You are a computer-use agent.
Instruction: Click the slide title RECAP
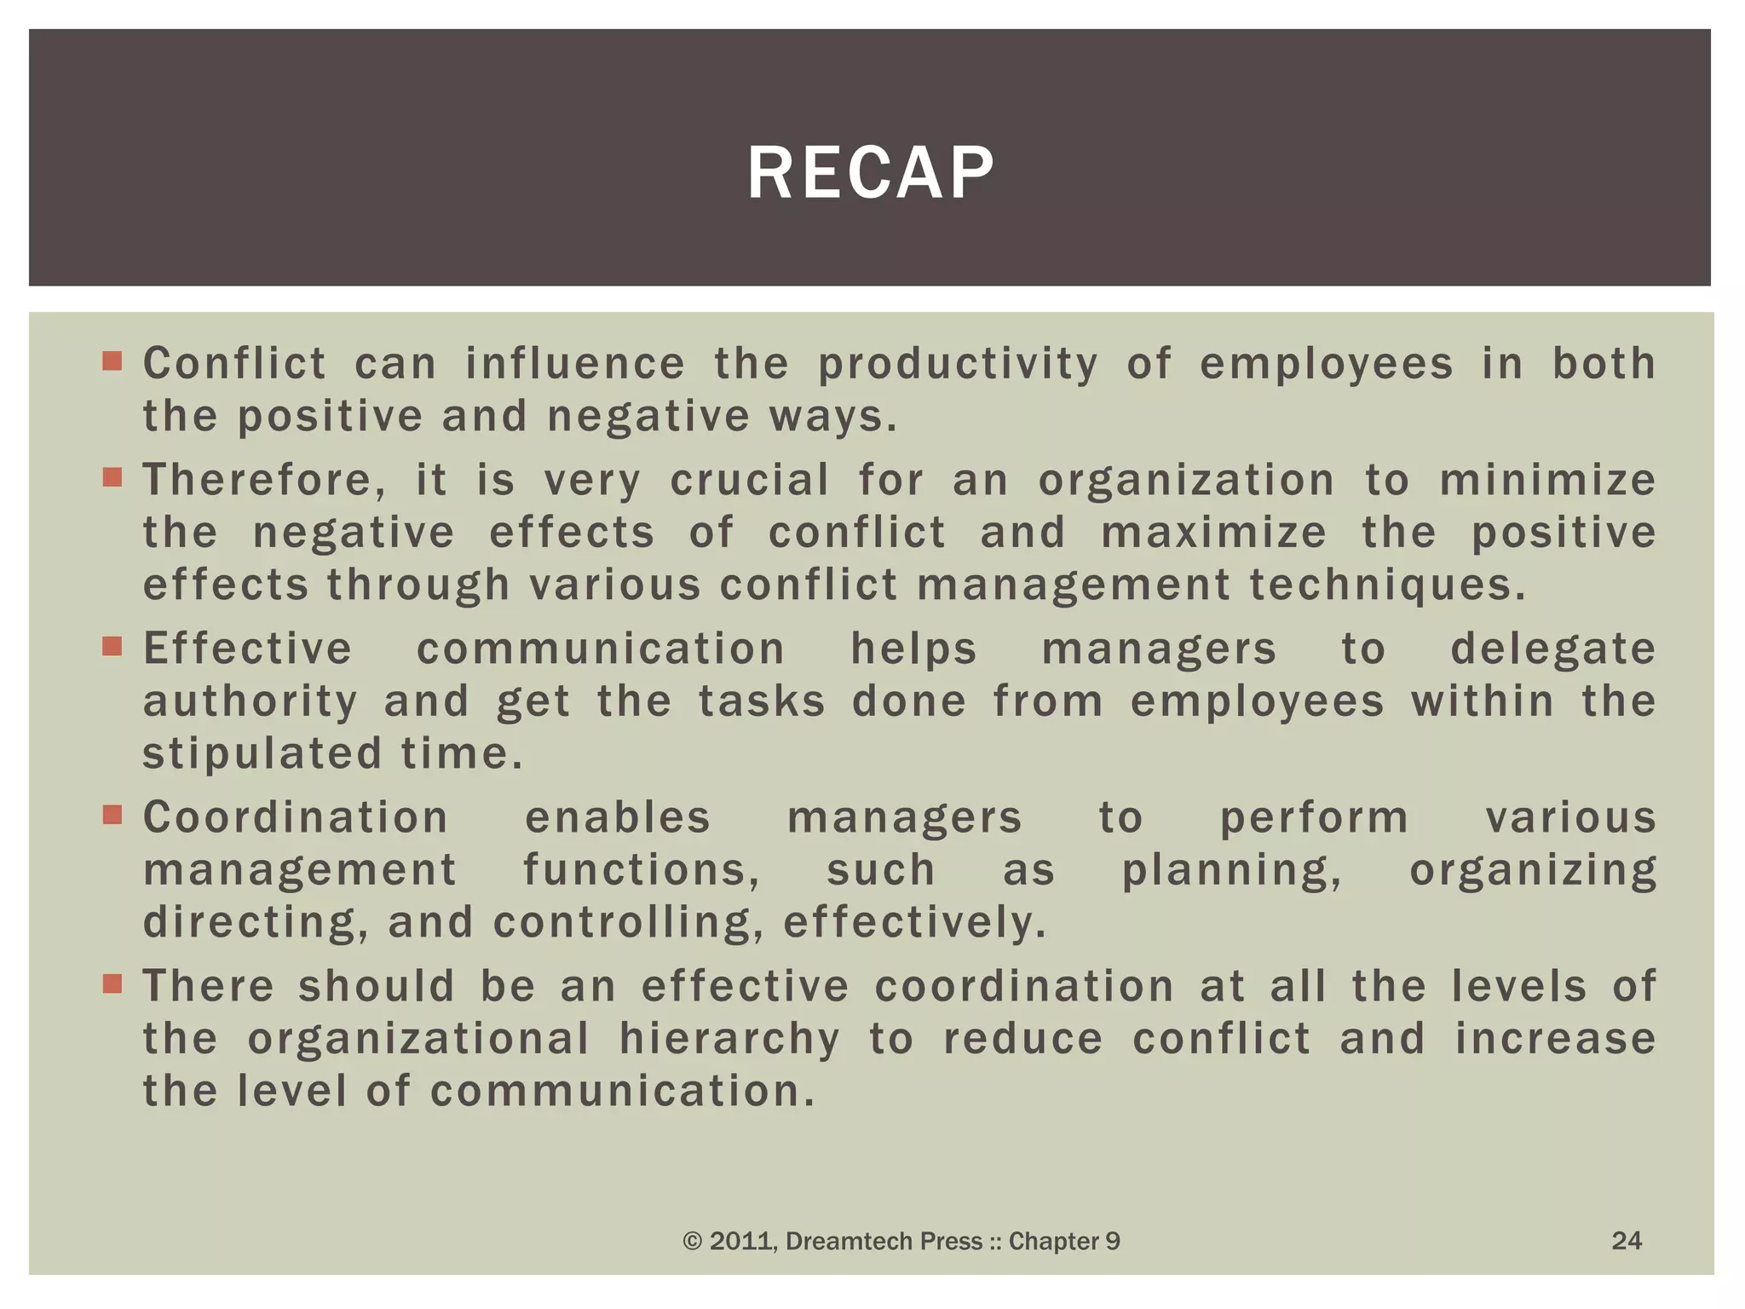point(870,173)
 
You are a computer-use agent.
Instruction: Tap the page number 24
point(1627,1240)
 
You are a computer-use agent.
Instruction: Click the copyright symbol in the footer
point(693,1242)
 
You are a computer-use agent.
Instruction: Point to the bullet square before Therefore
point(112,477)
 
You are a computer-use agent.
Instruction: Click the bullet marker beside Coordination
point(112,815)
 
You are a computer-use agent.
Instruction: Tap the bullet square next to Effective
point(112,646)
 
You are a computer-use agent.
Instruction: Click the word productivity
point(959,366)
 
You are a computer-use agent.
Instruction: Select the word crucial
point(750,481)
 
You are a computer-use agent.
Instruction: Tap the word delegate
point(1552,649)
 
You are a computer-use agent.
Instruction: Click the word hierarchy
point(729,1040)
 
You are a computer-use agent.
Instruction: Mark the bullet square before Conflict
point(112,361)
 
